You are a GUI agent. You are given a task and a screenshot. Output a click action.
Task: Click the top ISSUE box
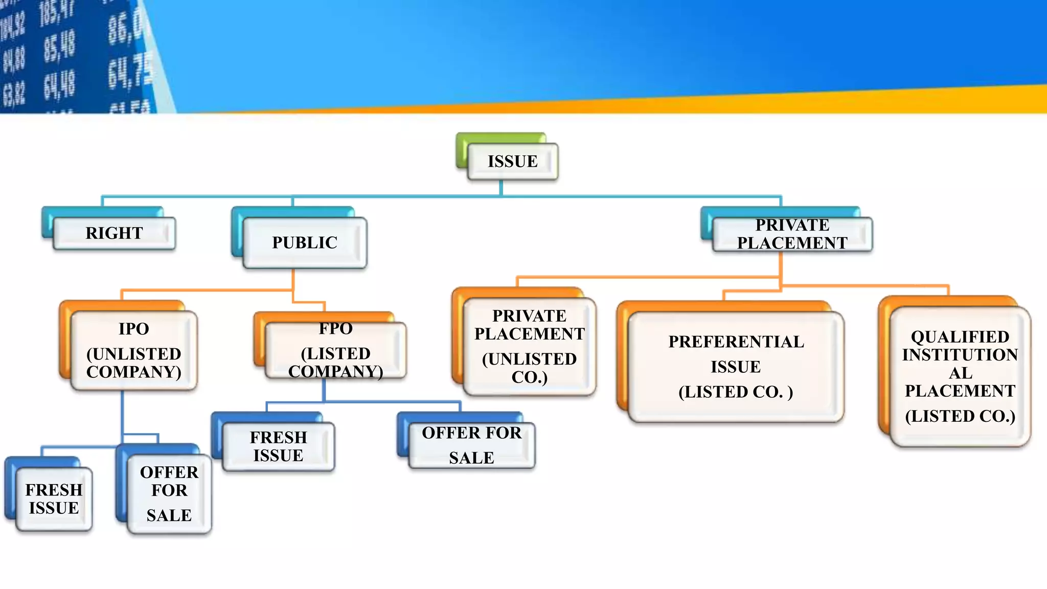click(x=512, y=162)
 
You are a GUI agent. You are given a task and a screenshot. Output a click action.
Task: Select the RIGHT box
click(x=114, y=233)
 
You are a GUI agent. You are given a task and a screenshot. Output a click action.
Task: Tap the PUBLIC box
click(x=305, y=242)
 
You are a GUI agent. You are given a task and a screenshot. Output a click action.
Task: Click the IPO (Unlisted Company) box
click(x=134, y=350)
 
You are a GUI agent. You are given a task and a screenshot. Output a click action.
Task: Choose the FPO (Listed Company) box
click(x=335, y=350)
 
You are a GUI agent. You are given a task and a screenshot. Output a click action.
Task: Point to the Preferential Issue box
click(x=736, y=367)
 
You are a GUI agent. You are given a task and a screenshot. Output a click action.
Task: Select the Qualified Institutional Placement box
click(x=960, y=376)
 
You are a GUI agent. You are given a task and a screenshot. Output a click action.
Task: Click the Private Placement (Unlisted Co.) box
click(x=529, y=346)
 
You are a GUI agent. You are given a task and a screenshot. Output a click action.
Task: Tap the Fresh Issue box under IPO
click(x=54, y=499)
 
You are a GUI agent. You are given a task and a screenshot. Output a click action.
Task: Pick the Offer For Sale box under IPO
click(x=169, y=493)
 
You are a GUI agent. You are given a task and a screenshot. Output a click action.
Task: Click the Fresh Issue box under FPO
click(x=278, y=446)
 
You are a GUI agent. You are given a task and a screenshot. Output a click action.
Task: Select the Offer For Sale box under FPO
click(x=471, y=445)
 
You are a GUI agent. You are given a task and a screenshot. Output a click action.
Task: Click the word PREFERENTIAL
click(x=736, y=342)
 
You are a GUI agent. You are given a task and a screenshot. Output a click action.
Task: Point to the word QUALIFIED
click(x=960, y=337)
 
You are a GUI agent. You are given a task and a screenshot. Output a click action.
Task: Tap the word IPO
click(x=134, y=329)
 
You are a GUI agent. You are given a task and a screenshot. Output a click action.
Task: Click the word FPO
click(x=336, y=328)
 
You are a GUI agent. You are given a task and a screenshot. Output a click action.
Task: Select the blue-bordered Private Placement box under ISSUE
click(x=792, y=234)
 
